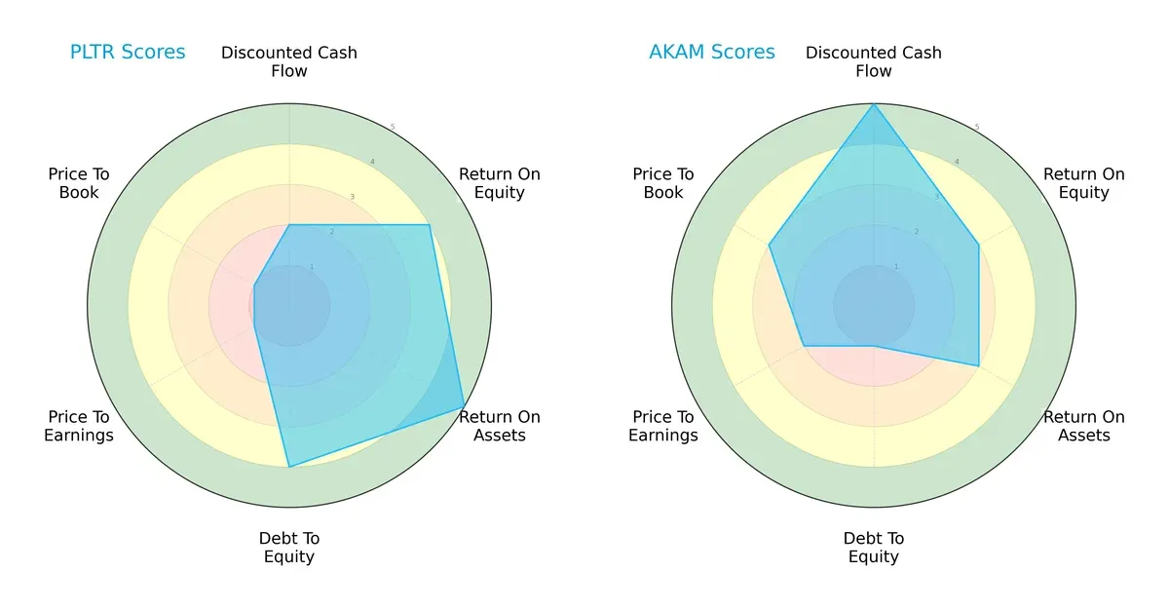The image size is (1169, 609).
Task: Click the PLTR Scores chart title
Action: click(x=128, y=53)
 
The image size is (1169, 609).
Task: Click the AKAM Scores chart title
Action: click(x=712, y=53)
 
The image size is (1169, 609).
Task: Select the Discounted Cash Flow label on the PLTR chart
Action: click(x=289, y=61)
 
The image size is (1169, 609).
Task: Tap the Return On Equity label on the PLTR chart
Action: click(x=500, y=183)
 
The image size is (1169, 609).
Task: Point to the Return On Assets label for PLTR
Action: click(x=500, y=426)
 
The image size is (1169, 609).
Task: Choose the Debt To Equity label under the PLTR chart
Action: click(x=289, y=548)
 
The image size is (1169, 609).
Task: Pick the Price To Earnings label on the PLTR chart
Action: click(x=79, y=426)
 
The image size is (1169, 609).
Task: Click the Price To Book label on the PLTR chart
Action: click(x=79, y=183)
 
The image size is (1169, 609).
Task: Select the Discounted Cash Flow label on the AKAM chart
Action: click(x=874, y=61)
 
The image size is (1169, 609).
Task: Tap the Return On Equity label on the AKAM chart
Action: click(x=1084, y=183)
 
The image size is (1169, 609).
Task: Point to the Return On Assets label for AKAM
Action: click(x=1084, y=426)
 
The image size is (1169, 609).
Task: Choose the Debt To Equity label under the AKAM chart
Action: click(x=874, y=548)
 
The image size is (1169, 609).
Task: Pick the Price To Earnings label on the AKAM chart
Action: click(x=663, y=426)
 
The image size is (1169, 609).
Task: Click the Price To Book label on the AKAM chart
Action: click(x=663, y=183)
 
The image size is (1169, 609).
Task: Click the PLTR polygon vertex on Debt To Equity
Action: click(x=289, y=467)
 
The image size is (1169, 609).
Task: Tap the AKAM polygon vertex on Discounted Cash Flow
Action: click(x=874, y=104)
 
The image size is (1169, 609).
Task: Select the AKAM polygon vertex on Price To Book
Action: click(x=770, y=245)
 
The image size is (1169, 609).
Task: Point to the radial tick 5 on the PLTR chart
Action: click(x=393, y=127)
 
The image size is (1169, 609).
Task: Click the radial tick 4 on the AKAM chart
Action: click(x=957, y=162)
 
